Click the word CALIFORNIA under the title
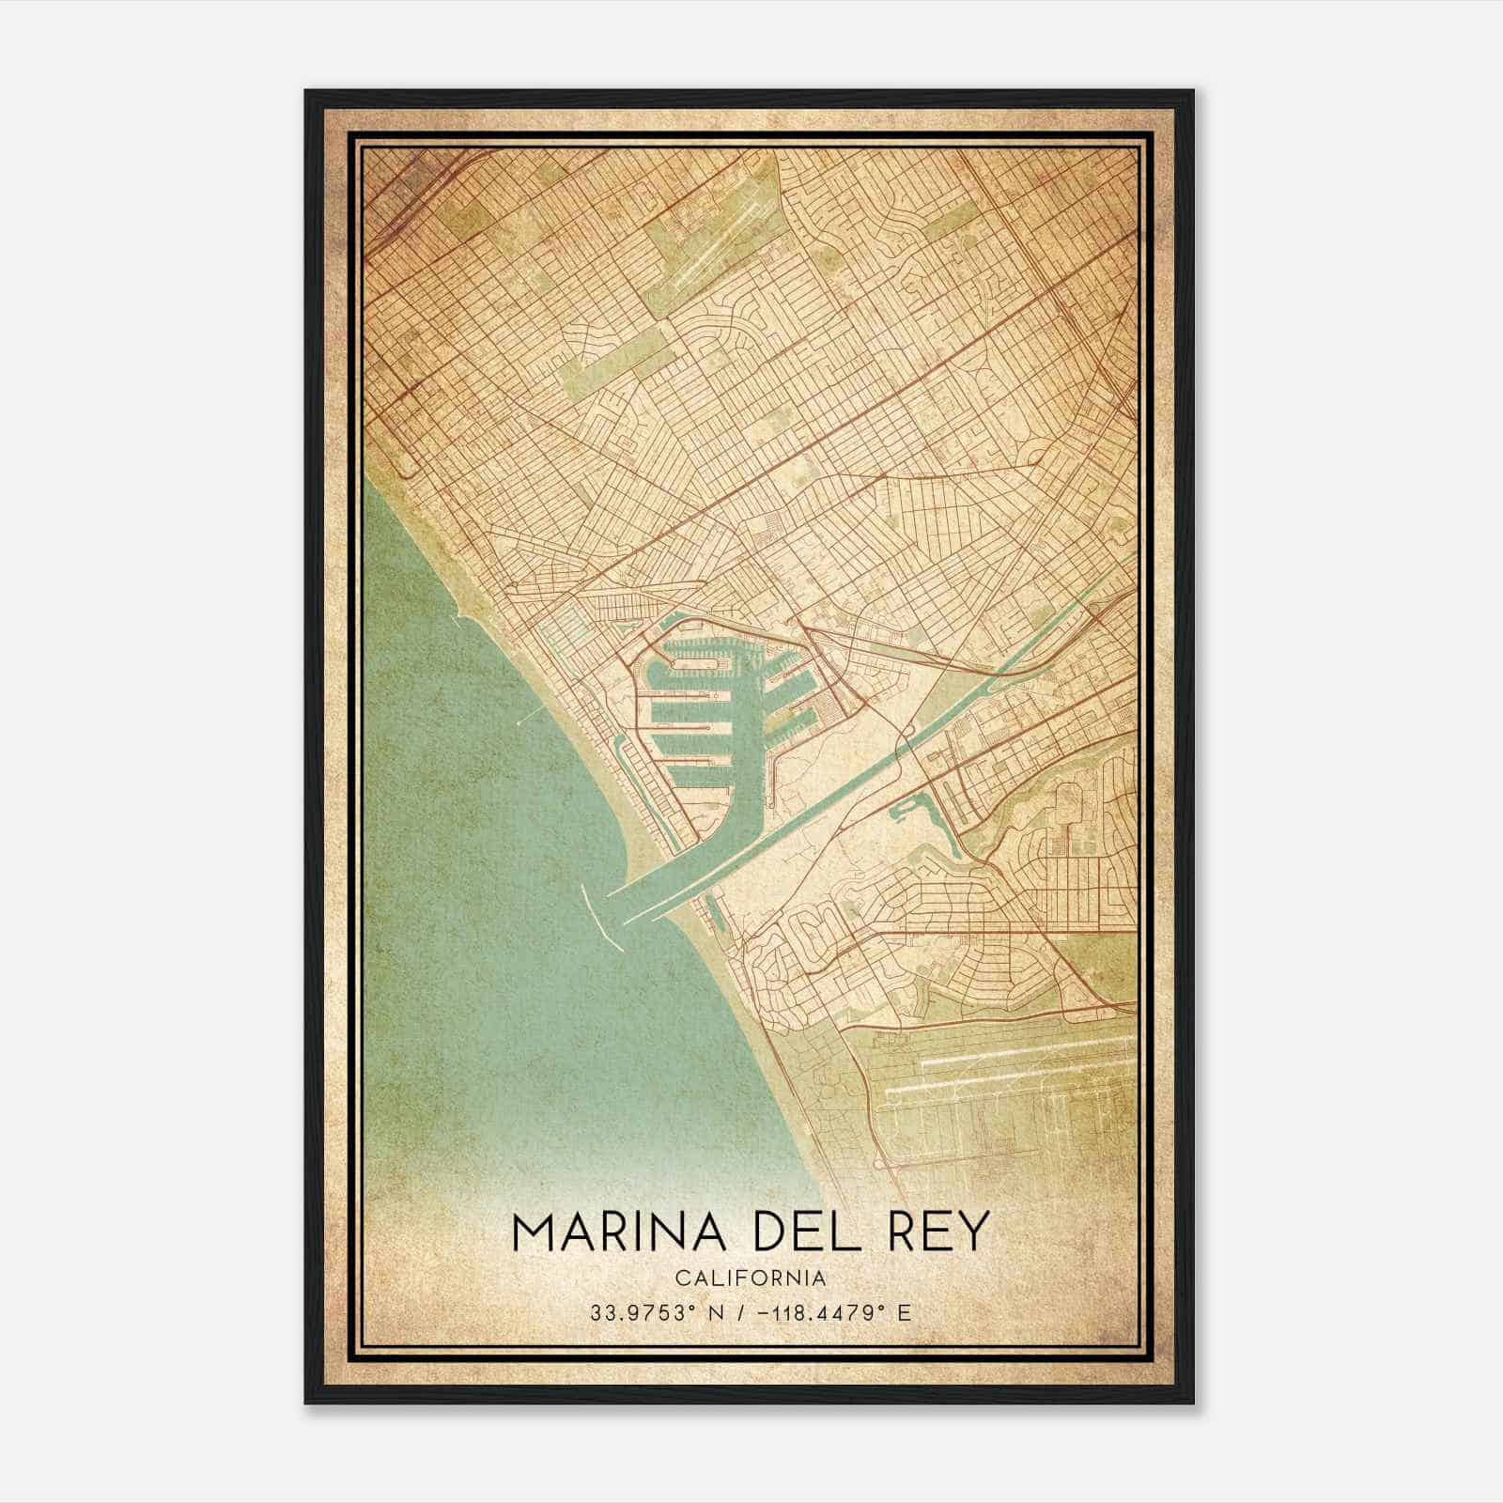[x=751, y=1278]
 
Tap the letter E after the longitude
[x=904, y=1312]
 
